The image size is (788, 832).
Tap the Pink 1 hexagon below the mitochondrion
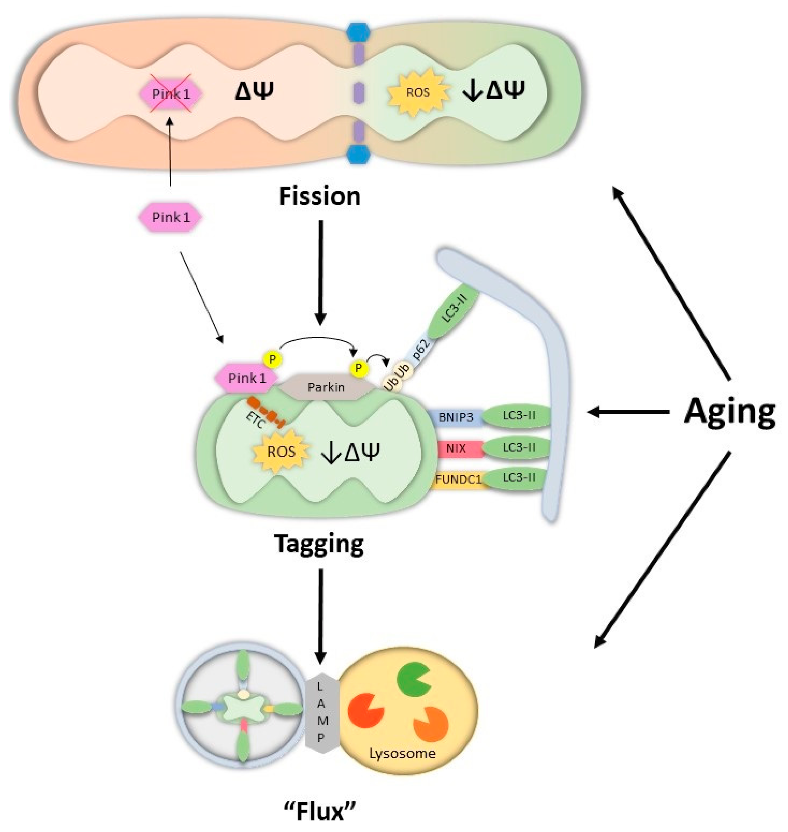click(x=171, y=217)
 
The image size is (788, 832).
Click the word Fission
click(x=320, y=196)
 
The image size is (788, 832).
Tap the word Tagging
click(x=319, y=544)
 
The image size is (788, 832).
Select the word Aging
click(x=730, y=412)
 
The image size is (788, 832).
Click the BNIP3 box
click(x=456, y=417)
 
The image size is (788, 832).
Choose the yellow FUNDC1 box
click(x=458, y=479)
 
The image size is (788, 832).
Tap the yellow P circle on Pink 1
click(x=272, y=359)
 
